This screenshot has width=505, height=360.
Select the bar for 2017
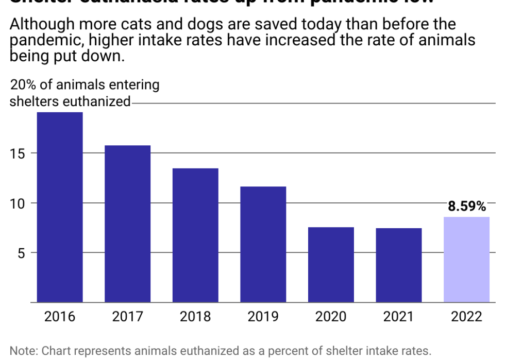pyautogui.click(x=127, y=224)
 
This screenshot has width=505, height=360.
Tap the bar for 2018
pyautogui.click(x=195, y=235)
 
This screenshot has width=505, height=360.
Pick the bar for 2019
pyautogui.click(x=263, y=244)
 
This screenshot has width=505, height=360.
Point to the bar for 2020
pyautogui.click(x=331, y=264)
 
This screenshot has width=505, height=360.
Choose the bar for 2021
pyautogui.click(x=399, y=265)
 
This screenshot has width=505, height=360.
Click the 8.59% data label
pyautogui.click(x=466, y=207)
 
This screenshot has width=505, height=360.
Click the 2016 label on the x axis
pyautogui.click(x=59, y=316)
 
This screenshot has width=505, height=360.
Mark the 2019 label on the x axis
pyautogui.click(x=263, y=316)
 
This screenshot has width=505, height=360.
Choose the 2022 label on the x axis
pyautogui.click(x=466, y=316)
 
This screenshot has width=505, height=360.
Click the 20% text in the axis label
pyautogui.click(x=24, y=85)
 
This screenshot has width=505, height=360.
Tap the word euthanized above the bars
pyautogui.click(x=96, y=101)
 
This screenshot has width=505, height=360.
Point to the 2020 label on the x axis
pyautogui.click(x=331, y=316)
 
